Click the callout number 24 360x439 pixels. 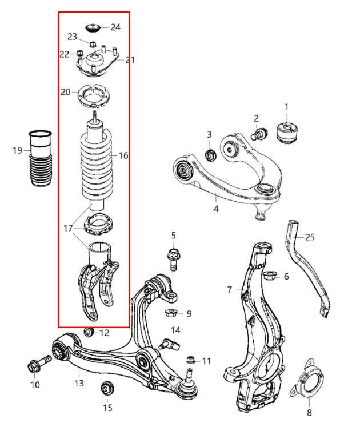click(115, 27)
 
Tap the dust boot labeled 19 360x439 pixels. click(39, 161)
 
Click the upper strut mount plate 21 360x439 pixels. click(96, 64)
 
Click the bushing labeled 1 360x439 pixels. click(288, 131)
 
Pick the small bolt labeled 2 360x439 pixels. click(261, 135)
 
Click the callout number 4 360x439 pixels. click(216, 209)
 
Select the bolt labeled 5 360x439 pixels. click(173, 257)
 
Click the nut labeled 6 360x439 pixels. click(271, 276)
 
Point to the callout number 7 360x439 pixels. click(229, 290)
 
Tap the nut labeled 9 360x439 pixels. click(170, 313)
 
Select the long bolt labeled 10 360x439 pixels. click(39, 364)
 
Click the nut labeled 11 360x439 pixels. click(191, 360)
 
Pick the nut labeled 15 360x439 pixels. click(106, 389)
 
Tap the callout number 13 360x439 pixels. click(79, 383)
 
